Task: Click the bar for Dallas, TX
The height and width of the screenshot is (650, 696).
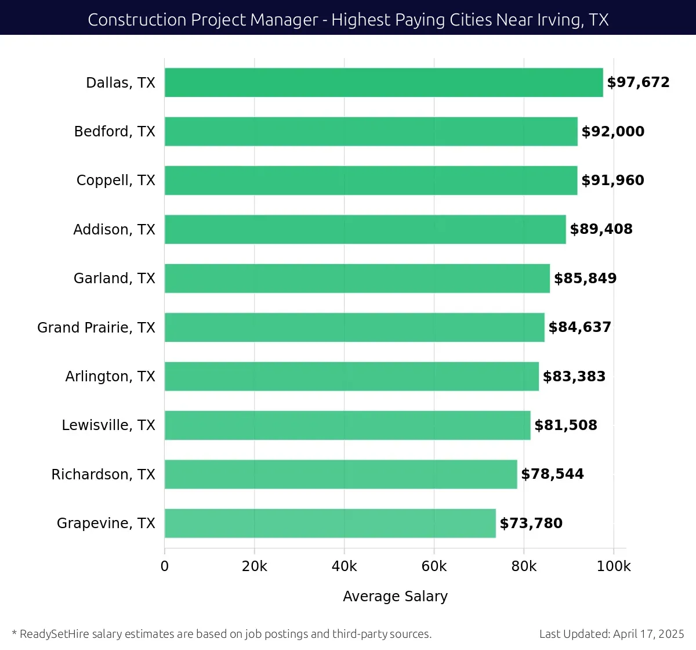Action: tap(383, 82)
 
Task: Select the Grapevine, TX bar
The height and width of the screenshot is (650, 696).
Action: tap(330, 523)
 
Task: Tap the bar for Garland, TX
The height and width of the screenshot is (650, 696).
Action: tap(357, 279)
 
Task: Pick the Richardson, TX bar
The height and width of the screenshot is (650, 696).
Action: tap(340, 474)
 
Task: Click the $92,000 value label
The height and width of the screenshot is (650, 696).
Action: tap(612, 132)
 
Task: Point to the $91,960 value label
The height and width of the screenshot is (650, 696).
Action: tap(612, 180)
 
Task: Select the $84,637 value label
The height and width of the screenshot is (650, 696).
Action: tap(579, 327)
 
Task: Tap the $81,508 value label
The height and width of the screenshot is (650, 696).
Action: tap(565, 425)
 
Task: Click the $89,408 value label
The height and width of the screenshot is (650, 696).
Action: tap(601, 229)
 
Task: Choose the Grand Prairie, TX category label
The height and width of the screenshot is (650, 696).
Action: tap(96, 328)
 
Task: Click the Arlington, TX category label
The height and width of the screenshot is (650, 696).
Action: tap(110, 377)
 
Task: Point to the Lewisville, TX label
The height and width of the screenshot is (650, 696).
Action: tap(108, 425)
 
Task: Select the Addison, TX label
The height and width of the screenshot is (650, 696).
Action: tap(114, 230)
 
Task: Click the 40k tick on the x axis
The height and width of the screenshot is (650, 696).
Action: tap(344, 566)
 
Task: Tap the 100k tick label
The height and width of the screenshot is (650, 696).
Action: tap(614, 566)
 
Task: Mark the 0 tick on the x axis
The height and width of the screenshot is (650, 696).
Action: tap(165, 566)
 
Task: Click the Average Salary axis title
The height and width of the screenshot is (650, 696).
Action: tap(395, 597)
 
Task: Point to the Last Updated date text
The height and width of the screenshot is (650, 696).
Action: tap(611, 634)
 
